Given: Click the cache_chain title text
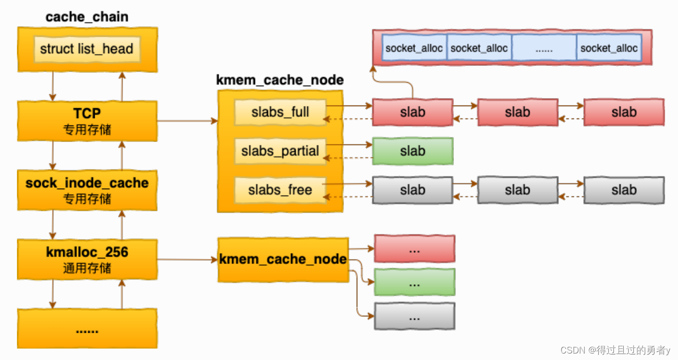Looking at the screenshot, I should point(87,17).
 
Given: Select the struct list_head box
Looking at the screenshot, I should point(87,49).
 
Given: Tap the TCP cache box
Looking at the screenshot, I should point(87,120).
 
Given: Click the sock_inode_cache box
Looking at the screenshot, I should point(87,190).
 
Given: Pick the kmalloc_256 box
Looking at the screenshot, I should point(87,259).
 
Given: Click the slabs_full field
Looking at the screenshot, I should point(280,112).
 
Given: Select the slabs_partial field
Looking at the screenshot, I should point(280,151).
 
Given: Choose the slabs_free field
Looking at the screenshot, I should point(280,190).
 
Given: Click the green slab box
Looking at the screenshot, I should point(412,151).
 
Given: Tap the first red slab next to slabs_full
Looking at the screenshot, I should point(412,112).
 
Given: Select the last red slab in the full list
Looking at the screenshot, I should point(624,112).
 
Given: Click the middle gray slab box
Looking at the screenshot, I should point(518,190).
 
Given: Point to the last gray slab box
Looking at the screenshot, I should point(624,190).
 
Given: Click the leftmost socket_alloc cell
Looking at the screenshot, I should point(414,48).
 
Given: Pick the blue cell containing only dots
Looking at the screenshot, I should point(544,48).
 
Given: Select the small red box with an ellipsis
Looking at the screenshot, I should point(414,248).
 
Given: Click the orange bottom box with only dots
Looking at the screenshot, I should point(87,329).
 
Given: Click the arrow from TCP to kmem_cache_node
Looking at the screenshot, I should point(187,120).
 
